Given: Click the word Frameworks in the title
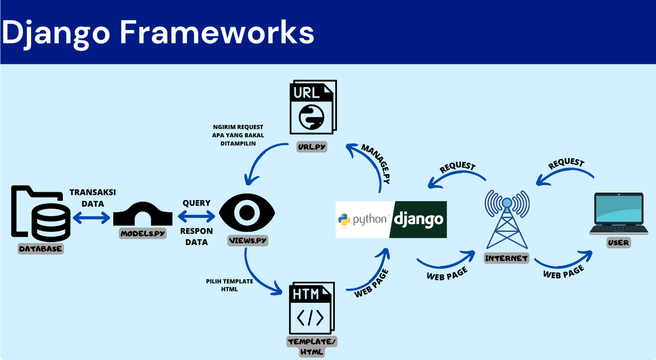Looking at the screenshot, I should tap(217, 32).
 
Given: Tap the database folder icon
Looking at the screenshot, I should tap(40, 213).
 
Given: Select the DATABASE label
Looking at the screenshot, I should tap(41, 249).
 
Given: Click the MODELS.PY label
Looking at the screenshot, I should tap(143, 234).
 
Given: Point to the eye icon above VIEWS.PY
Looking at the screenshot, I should tap(247, 213).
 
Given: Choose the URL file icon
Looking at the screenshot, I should tap(313, 107).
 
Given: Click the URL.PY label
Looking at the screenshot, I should tap(312, 147).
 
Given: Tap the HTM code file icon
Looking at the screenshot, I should tap(312, 308).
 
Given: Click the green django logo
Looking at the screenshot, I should tap(418, 219).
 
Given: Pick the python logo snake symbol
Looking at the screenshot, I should tap(344, 220).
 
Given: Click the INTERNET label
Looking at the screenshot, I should tap(507, 258).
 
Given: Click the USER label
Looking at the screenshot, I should tap(618, 243).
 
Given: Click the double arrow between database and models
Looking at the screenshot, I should tap(92, 218).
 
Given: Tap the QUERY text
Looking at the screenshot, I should tap(196, 203).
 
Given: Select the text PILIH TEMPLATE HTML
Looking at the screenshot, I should tap(229, 285).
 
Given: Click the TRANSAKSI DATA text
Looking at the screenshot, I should tap(93, 198).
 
